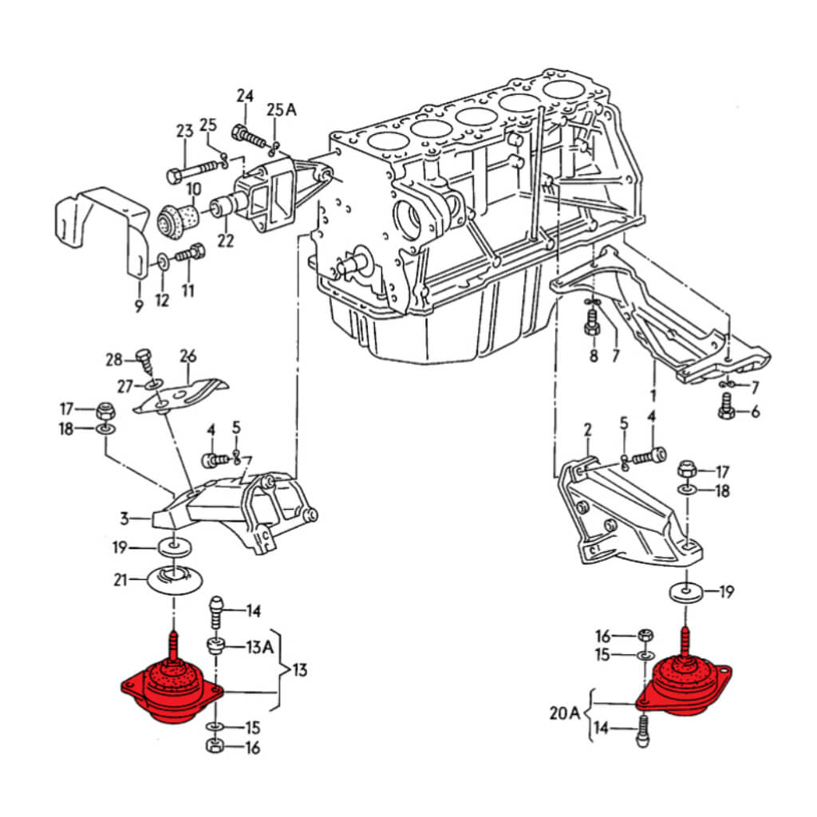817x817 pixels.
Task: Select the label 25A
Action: pyautogui.click(x=281, y=109)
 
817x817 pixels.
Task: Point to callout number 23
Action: pyautogui.click(x=185, y=131)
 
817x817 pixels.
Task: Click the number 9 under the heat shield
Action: pyautogui.click(x=138, y=306)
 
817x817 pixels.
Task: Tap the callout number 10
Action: pyautogui.click(x=193, y=190)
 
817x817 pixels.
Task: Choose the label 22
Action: pyautogui.click(x=226, y=239)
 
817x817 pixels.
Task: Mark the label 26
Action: pyautogui.click(x=188, y=356)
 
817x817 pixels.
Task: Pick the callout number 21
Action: pyautogui.click(x=120, y=579)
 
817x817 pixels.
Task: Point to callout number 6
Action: pyautogui.click(x=755, y=412)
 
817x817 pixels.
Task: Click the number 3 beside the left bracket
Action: pyautogui.click(x=124, y=519)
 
